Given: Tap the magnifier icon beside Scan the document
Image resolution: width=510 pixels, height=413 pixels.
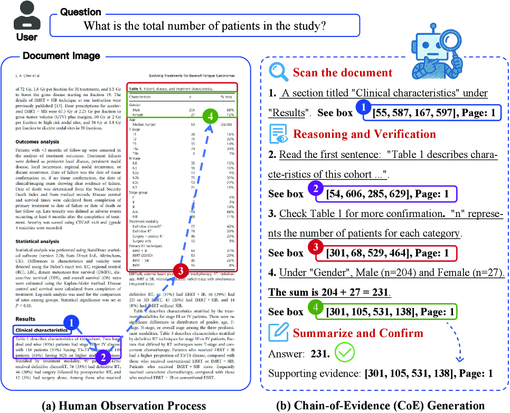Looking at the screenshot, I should point(278,72).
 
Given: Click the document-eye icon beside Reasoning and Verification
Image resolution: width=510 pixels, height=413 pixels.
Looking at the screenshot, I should point(278,134).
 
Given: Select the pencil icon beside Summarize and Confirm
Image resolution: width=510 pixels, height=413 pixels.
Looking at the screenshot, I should point(278,333).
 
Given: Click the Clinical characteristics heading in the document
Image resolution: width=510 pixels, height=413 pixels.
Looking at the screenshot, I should point(42,330).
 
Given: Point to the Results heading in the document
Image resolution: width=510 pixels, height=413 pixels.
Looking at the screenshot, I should point(25,319).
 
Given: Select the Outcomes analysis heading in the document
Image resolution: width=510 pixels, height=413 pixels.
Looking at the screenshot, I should point(37,142).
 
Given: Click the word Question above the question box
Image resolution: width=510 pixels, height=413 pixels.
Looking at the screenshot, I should point(80,12).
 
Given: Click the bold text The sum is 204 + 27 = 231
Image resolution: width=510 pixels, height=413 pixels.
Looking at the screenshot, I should point(329,292).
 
